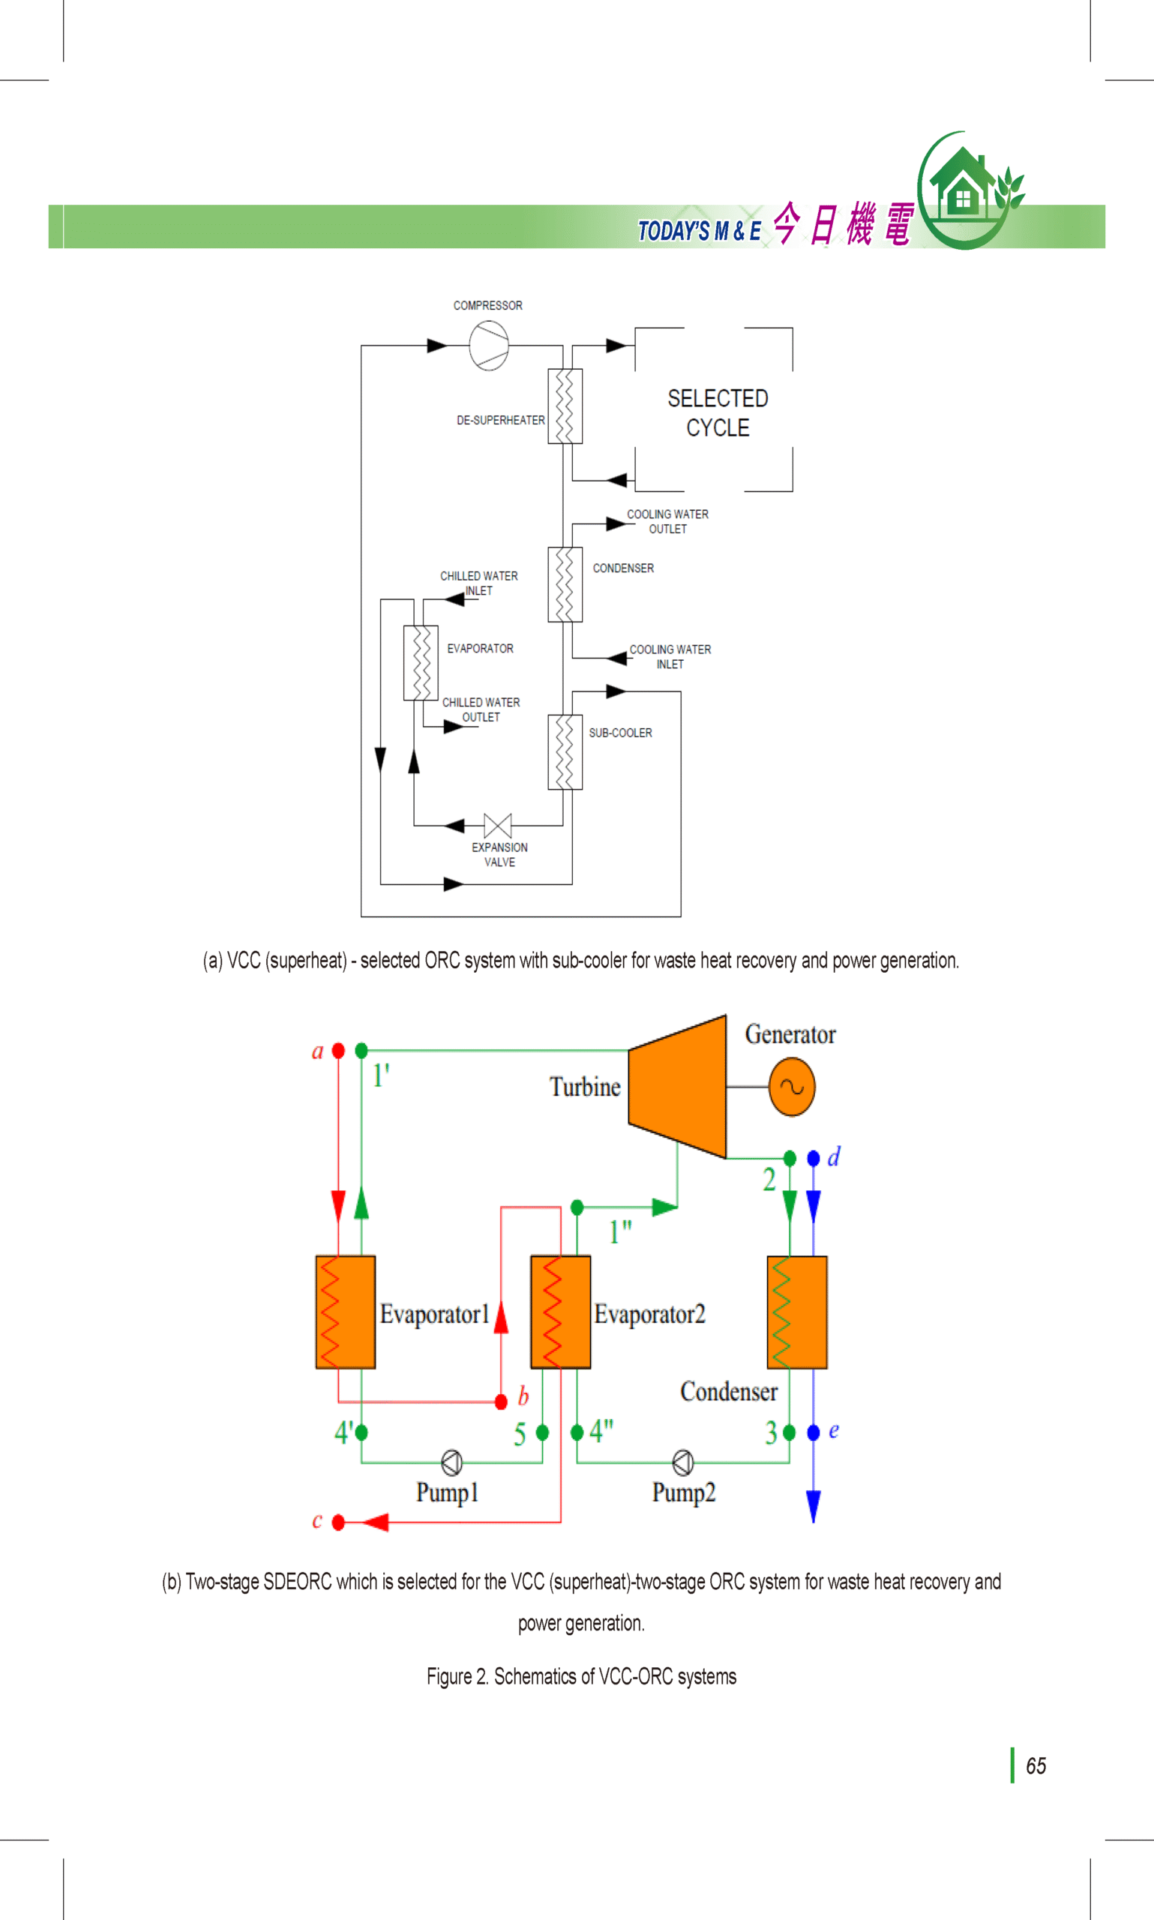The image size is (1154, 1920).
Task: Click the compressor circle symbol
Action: point(488,345)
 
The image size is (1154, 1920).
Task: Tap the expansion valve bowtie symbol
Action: point(498,825)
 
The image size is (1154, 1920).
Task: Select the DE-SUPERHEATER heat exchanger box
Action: point(565,406)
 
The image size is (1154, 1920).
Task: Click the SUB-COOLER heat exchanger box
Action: point(565,752)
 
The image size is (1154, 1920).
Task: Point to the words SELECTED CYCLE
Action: point(718,412)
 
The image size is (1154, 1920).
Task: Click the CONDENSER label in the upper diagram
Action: point(623,568)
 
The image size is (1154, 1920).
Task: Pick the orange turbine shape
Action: point(677,1086)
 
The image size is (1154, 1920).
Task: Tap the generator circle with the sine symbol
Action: point(792,1086)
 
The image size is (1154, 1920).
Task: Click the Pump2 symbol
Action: point(683,1462)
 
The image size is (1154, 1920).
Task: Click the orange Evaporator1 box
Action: point(345,1312)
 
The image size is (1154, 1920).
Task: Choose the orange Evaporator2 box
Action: point(561,1312)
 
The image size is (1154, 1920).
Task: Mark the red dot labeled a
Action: point(338,1051)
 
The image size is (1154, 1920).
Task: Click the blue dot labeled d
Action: point(814,1159)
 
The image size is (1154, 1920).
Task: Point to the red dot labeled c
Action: point(338,1522)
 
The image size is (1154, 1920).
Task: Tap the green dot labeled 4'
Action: point(361,1432)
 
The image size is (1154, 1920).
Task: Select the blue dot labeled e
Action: point(814,1432)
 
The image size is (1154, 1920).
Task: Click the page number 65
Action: point(1036,1766)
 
